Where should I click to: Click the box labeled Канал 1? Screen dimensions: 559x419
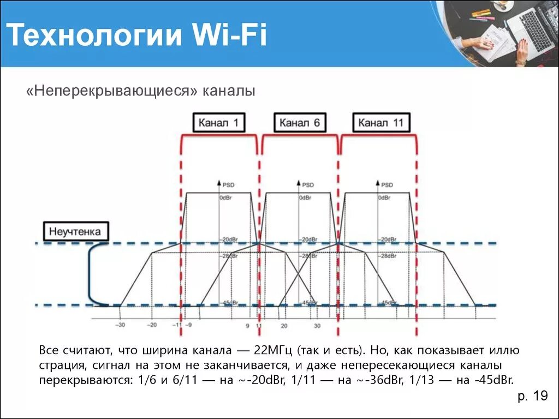point(218,123)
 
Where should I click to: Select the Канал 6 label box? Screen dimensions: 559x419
point(299,123)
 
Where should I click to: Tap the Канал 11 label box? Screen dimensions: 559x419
point(380,123)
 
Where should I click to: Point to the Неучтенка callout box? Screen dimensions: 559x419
point(75,231)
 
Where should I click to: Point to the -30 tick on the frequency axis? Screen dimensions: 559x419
point(120,325)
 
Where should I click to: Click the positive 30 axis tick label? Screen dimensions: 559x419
point(317,326)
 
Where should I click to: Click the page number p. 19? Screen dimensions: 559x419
point(532,397)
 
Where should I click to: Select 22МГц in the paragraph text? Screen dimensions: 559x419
point(273,349)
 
